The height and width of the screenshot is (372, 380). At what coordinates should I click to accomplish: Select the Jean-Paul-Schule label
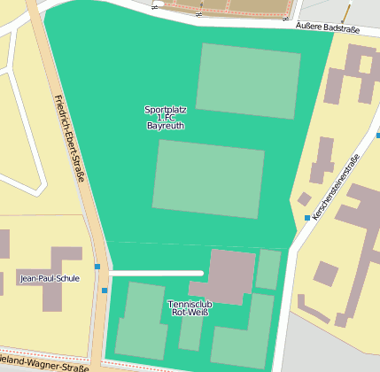[x=49, y=278]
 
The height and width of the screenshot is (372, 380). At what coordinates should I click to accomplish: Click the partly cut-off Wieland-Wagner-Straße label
[x=44, y=363]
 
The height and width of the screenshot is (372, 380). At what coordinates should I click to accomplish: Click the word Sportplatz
[x=166, y=110]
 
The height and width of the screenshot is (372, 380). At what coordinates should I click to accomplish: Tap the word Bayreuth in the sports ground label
[x=166, y=126]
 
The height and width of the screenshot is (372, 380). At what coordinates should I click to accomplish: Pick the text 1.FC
[x=166, y=118]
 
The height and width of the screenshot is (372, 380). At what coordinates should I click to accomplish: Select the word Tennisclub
[x=190, y=304]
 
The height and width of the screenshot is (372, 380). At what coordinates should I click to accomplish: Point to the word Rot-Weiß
[x=190, y=312]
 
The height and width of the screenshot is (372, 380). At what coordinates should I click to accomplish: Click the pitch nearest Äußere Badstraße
[x=248, y=81]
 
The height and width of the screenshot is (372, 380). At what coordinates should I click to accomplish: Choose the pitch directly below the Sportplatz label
[x=209, y=178]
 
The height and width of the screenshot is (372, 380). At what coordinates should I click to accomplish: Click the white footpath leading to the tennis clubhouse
[x=156, y=273]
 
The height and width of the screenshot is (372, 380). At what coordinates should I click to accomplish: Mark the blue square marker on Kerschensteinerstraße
[x=307, y=217]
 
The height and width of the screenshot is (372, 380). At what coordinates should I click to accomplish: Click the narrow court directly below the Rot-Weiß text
[x=190, y=333]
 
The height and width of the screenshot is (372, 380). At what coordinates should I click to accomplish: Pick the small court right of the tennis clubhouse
[x=268, y=269]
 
